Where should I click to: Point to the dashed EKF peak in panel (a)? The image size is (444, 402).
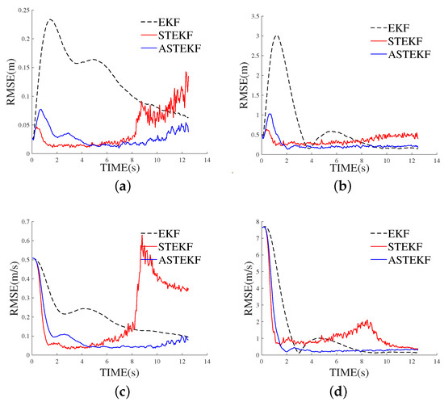[x=50, y=20]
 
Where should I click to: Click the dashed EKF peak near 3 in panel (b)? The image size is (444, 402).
[x=277, y=36]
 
